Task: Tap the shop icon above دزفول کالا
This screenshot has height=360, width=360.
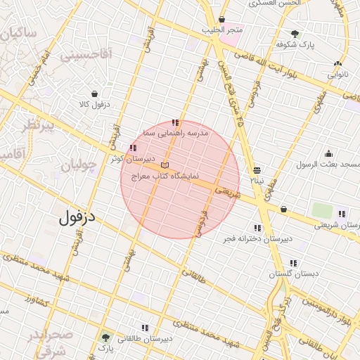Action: (x=94, y=94)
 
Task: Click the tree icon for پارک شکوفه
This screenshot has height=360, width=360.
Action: (x=295, y=33)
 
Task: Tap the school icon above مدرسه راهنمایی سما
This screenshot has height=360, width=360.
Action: (x=175, y=123)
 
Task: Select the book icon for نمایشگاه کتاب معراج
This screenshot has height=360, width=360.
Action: (x=165, y=164)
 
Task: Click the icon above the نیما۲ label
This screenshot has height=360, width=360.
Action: (x=257, y=170)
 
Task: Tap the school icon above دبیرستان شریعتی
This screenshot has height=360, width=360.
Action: (x=342, y=214)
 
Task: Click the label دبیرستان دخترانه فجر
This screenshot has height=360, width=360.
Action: (x=257, y=239)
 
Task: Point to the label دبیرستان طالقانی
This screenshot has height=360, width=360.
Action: (x=145, y=339)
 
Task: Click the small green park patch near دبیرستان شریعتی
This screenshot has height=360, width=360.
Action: (x=321, y=210)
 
